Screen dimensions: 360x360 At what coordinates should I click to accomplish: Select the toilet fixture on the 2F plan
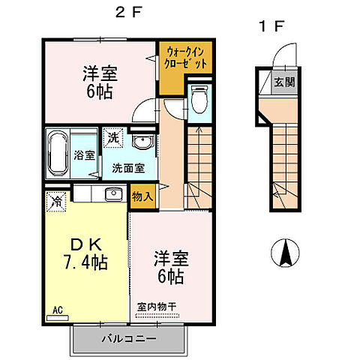pos(199,97)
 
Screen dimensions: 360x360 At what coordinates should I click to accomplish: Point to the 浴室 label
pos(85,156)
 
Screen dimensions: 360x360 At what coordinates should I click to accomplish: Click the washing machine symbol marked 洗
pos(111,139)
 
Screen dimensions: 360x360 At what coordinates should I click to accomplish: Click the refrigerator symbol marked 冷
pos(55,201)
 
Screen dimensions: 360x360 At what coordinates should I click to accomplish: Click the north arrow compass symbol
pos(285,253)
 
